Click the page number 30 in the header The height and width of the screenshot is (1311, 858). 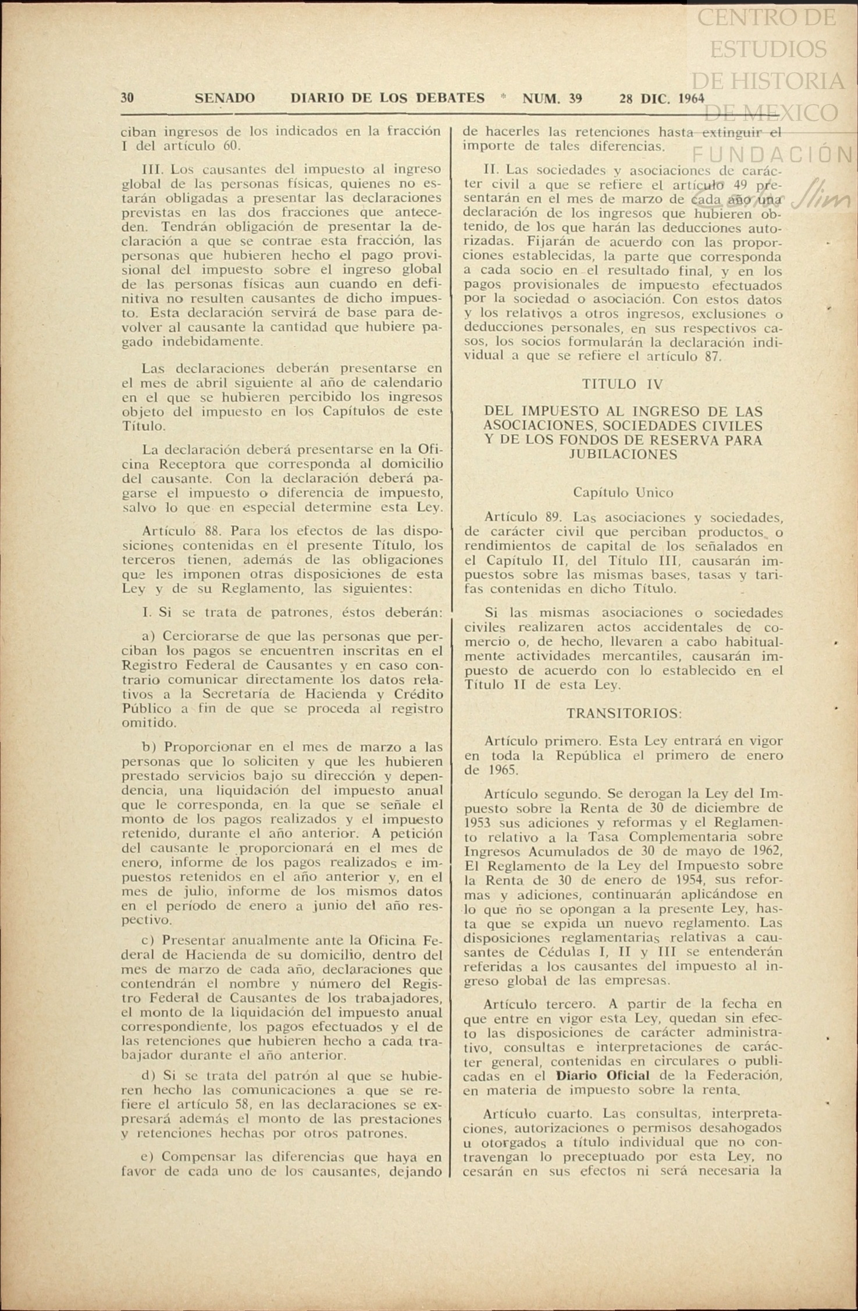(x=127, y=98)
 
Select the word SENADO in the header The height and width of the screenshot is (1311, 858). (x=225, y=98)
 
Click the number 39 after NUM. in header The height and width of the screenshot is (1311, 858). (x=575, y=98)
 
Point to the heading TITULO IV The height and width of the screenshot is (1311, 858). (x=622, y=384)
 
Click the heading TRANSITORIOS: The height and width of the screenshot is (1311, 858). (x=624, y=713)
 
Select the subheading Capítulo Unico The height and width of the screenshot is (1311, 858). (x=623, y=492)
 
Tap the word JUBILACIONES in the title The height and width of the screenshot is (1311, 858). (x=622, y=454)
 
